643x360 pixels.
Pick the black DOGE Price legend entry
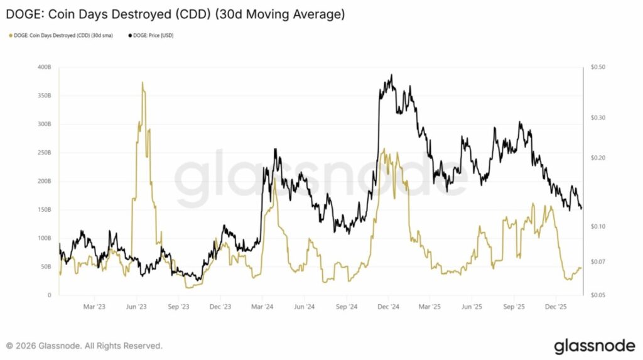(x=151, y=36)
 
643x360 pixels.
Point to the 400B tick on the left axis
(x=44, y=67)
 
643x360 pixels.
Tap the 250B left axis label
(x=44, y=153)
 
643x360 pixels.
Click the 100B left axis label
(x=44, y=238)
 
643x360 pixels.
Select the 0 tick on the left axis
(x=49, y=295)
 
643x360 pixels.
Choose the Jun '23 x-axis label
(x=136, y=307)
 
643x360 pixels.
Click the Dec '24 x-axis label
(x=389, y=307)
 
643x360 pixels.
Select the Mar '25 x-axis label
(x=430, y=307)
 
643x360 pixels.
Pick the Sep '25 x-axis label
(x=514, y=307)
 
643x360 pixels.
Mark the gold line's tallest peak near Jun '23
(x=143, y=82)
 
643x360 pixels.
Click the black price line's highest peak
(x=391, y=75)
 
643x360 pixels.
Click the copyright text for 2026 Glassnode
(x=84, y=346)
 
